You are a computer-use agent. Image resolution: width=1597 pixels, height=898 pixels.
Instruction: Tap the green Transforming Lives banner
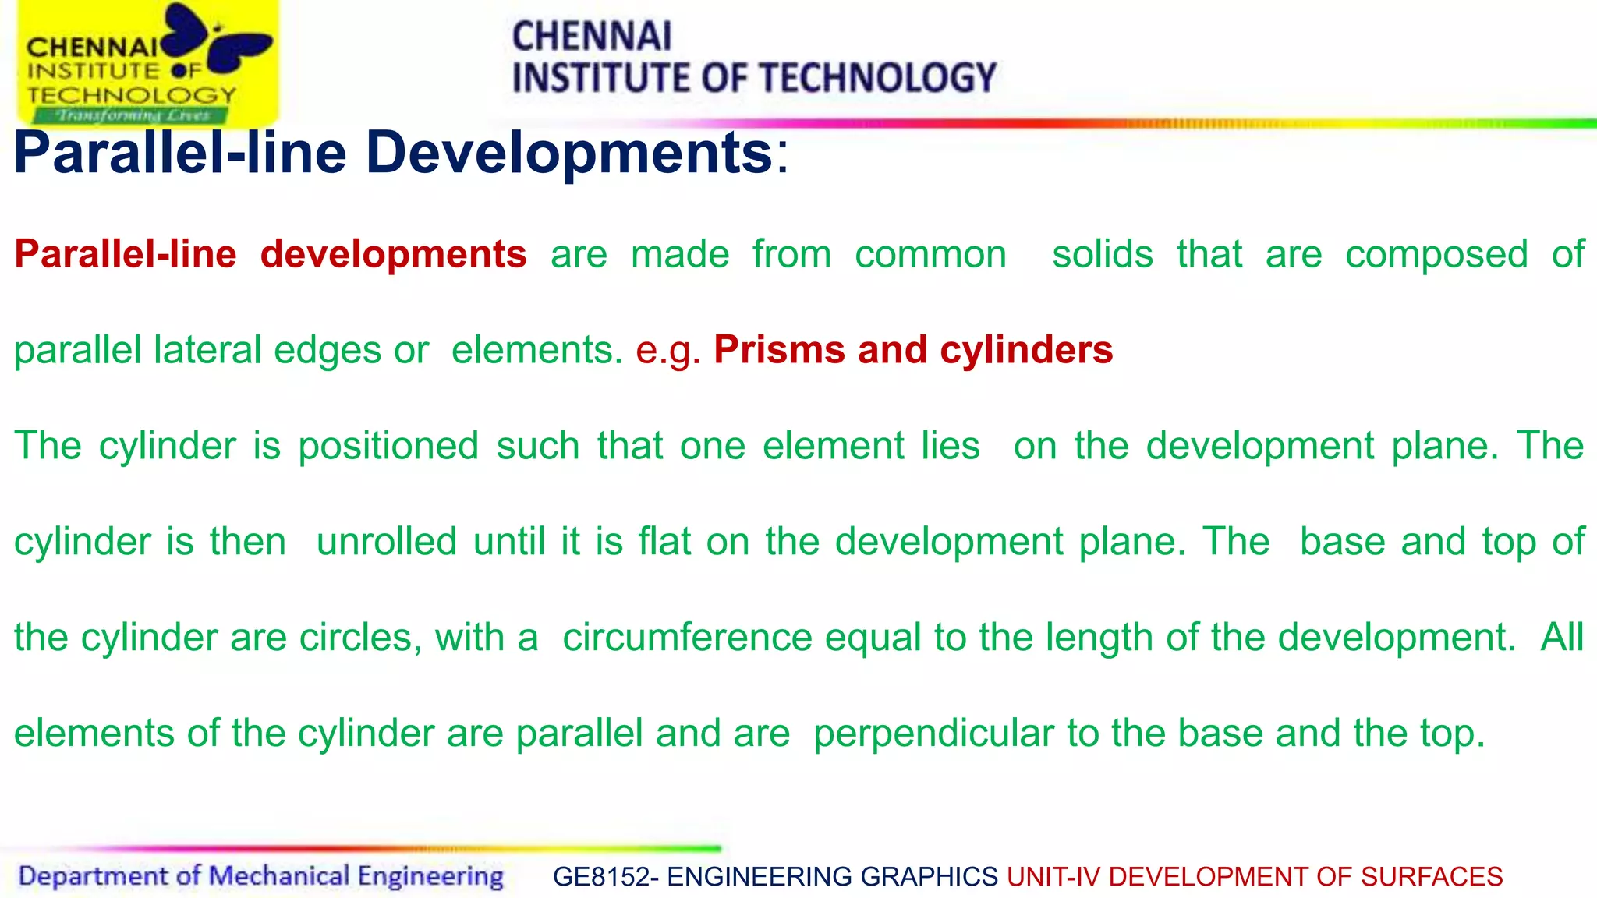point(131,115)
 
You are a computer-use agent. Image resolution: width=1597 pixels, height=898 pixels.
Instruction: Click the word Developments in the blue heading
point(568,153)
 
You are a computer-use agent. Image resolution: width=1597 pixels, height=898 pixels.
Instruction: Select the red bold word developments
point(393,254)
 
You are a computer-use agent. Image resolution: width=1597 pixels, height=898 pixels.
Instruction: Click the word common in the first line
point(930,255)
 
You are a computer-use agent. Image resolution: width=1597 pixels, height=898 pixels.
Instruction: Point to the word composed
point(1436,255)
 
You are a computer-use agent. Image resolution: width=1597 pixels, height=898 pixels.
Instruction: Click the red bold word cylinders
point(1026,350)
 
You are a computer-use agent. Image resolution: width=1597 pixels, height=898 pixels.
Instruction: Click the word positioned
point(388,447)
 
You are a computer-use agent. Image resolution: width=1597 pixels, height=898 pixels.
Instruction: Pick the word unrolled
point(386,542)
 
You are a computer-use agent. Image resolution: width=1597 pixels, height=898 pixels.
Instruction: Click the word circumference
point(687,638)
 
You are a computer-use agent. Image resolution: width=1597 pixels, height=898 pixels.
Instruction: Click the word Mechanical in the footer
point(279,876)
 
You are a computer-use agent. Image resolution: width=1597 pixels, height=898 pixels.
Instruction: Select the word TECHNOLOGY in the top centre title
point(877,78)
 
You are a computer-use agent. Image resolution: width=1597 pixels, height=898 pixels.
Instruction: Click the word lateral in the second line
point(207,350)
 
